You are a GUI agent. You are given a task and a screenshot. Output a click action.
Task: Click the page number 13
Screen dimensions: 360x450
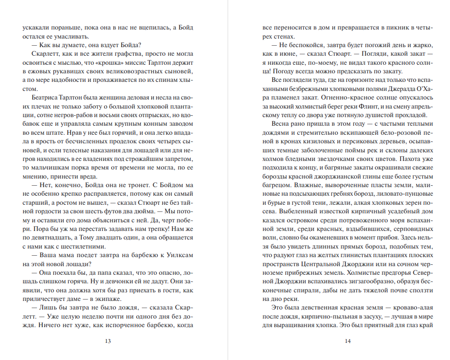coord(108,341)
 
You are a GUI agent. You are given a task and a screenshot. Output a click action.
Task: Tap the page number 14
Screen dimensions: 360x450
coord(347,341)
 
